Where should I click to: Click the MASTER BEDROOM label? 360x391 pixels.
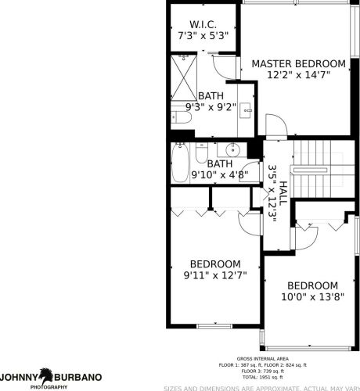(x=297, y=63)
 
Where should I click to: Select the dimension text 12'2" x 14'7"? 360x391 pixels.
(x=297, y=76)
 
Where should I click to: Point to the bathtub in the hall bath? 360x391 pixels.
(x=180, y=163)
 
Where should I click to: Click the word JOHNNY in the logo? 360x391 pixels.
(x=18, y=376)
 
